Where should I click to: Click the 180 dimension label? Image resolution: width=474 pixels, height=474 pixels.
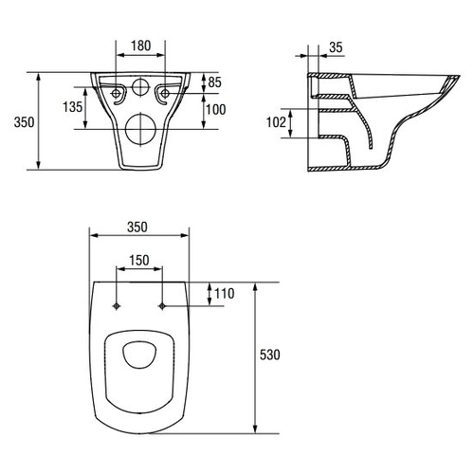coord(141,46)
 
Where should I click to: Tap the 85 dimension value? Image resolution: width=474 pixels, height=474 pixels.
coord(214,82)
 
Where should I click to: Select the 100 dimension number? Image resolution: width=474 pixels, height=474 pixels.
coord(216,110)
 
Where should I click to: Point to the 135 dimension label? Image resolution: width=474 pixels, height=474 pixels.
coord(72,107)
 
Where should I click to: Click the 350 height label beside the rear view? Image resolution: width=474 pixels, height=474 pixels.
coord(24,122)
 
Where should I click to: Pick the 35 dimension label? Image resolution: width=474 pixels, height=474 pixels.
coord(336,47)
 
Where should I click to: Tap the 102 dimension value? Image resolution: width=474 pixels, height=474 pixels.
coord(276,122)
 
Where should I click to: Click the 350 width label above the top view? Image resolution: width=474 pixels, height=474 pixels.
coord(137,227)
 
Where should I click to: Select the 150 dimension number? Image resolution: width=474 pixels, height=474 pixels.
coord(139,261)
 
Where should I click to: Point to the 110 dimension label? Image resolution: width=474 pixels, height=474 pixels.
coord(225,294)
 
